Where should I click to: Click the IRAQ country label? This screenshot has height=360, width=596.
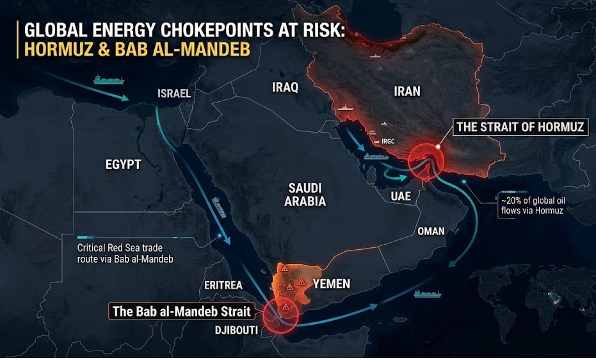(x=285, y=88)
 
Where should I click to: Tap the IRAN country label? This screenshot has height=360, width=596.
(x=407, y=91)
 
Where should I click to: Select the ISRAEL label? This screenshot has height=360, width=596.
(x=174, y=94)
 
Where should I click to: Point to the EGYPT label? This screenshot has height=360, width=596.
(x=123, y=165)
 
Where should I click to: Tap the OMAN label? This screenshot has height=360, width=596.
(x=430, y=231)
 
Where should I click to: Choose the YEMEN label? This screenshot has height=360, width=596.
(x=330, y=283)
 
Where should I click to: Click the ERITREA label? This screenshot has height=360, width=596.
(x=223, y=285)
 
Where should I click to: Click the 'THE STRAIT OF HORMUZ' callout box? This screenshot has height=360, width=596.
(x=519, y=127)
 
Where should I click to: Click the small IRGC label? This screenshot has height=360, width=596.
(x=389, y=141)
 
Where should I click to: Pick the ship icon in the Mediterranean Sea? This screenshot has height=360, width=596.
(x=103, y=80)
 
